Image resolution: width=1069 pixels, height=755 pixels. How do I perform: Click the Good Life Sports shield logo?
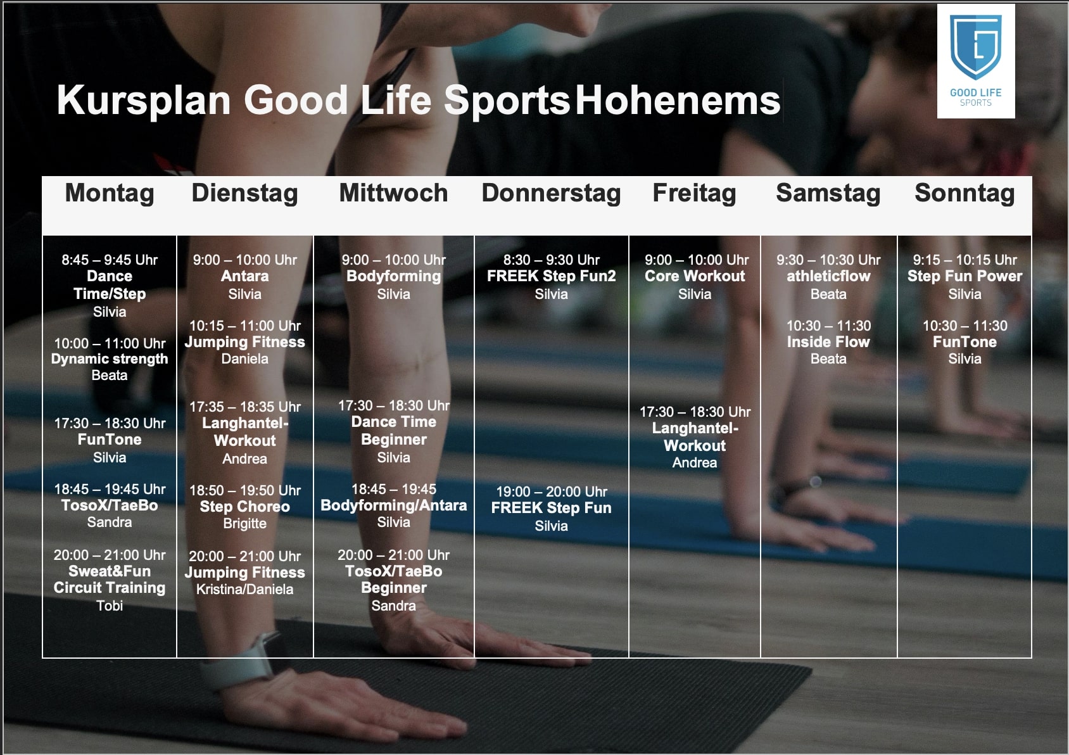(975, 48)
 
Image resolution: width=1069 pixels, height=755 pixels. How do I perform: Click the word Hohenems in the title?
(678, 100)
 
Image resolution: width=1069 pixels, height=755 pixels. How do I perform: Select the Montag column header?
(110, 193)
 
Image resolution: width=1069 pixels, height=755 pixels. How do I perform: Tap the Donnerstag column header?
(551, 193)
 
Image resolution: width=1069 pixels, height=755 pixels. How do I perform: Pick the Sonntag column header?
(965, 193)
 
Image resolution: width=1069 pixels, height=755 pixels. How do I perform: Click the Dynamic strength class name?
(110, 359)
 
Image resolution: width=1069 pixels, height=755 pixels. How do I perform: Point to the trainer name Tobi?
(110, 606)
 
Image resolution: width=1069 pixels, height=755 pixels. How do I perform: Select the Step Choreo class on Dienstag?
(244, 507)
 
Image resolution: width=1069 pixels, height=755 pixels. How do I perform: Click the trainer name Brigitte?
(244, 524)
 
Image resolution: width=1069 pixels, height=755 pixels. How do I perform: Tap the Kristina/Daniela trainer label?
(244, 590)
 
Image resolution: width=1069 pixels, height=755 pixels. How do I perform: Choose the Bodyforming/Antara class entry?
(393, 505)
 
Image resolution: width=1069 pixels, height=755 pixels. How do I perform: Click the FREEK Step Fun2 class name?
(551, 276)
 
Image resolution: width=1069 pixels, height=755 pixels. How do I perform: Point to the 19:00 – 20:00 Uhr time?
(551, 492)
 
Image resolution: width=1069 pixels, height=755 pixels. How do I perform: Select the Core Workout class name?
(694, 276)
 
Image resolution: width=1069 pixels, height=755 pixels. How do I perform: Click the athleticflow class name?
(828, 276)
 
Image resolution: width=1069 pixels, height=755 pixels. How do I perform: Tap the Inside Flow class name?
(828, 341)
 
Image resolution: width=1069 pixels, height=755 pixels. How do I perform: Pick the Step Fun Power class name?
(965, 276)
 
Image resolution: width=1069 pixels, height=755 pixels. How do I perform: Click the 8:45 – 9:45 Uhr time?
(110, 260)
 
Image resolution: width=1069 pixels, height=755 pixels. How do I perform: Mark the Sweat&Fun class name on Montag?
(110, 571)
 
